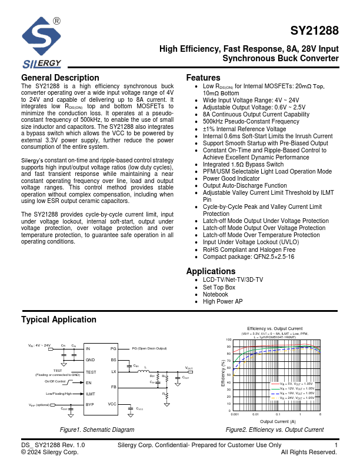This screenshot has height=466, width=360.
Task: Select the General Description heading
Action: click(x=60, y=78)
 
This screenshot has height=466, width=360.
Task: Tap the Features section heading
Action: click(x=203, y=78)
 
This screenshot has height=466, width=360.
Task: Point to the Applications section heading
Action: click(x=211, y=271)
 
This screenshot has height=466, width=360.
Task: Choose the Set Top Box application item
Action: click(x=219, y=287)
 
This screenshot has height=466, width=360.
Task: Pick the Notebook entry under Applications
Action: click(x=216, y=294)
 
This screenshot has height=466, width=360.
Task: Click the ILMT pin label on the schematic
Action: click(x=91, y=394)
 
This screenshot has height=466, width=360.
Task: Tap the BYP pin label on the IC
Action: click(x=90, y=404)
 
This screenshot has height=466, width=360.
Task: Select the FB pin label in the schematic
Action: click(x=114, y=387)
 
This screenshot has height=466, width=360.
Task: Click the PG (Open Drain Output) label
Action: click(x=150, y=348)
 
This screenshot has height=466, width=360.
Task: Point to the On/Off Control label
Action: click(x=56, y=382)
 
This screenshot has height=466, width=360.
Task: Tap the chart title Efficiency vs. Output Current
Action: click(x=275, y=328)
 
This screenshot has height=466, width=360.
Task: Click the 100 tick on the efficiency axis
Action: click(x=229, y=340)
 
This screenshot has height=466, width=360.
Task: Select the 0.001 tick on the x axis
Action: click(x=235, y=415)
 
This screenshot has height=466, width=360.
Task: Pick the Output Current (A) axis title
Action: click(x=278, y=421)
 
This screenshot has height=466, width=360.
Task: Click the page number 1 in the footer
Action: click(x=335, y=445)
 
